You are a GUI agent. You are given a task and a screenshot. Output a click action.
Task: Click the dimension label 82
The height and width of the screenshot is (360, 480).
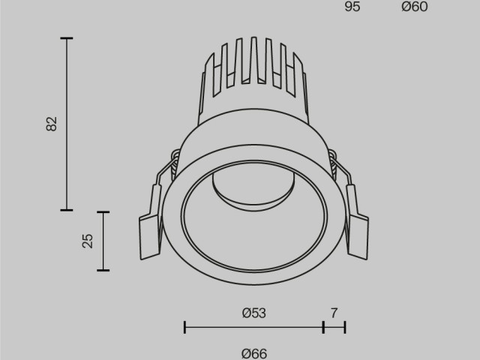[x=51, y=124]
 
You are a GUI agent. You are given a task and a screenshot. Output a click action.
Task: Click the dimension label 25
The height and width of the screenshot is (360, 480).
[x=88, y=241]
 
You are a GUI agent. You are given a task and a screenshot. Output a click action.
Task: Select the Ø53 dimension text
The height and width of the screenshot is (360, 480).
[x=254, y=313]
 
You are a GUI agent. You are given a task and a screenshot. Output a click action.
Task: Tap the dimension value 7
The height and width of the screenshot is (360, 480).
[x=334, y=313]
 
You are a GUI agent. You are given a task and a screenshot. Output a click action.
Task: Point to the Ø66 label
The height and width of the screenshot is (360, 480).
[x=254, y=352]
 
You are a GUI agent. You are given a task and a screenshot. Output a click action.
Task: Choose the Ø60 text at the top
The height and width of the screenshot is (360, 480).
[x=414, y=7]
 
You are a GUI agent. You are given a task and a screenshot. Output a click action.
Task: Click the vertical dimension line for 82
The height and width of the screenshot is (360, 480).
[x=67, y=124]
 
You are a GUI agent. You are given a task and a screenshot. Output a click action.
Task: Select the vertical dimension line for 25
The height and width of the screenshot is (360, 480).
[x=103, y=241]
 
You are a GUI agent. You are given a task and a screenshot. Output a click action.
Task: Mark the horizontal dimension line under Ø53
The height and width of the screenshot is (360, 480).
[x=254, y=327]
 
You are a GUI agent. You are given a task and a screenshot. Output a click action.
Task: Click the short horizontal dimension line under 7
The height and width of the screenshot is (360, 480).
[x=334, y=327]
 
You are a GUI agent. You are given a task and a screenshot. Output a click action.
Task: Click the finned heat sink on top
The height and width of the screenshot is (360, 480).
[x=253, y=71]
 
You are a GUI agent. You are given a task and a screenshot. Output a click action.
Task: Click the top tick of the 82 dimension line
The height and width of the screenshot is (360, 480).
[x=67, y=37]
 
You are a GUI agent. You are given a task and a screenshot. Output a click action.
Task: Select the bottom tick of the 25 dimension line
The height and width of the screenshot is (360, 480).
[x=103, y=270]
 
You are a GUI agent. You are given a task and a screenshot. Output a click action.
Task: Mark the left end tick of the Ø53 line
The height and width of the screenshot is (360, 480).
[x=184, y=327]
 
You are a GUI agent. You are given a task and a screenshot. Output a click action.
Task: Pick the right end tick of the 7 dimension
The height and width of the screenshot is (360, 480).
[x=345, y=327]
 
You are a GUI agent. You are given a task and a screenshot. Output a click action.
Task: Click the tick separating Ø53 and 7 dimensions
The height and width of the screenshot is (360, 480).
[x=323, y=327]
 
